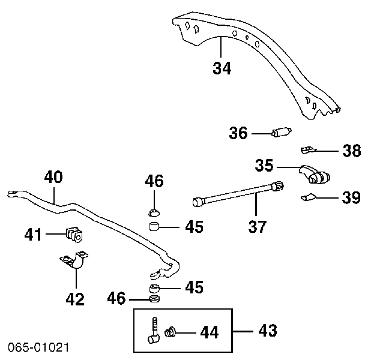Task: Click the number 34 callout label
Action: [222, 68]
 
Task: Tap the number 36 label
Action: [238, 133]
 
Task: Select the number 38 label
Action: [352, 151]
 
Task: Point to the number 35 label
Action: [264, 165]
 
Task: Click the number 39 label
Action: [351, 197]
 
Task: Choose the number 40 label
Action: [53, 177]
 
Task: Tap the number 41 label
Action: [34, 233]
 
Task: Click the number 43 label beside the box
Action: [268, 330]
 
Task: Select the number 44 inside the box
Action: [210, 331]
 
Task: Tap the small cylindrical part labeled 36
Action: [282, 133]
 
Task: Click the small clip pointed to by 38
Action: [307, 148]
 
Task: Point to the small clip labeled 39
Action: [308, 196]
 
